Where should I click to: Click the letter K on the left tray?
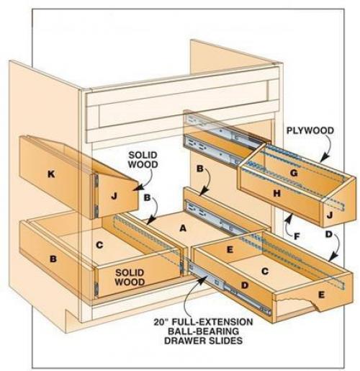click(x=51, y=174)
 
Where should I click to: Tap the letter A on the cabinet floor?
click(x=183, y=228)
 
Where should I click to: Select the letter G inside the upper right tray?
click(x=294, y=173)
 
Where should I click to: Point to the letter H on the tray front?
click(x=277, y=193)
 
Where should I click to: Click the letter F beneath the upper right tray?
click(x=297, y=237)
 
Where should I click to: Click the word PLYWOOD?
click(x=310, y=130)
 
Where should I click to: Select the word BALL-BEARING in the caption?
click(x=203, y=331)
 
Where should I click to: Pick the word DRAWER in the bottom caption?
click(x=184, y=341)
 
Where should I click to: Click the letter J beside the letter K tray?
click(x=114, y=196)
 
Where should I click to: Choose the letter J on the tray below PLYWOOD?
click(x=330, y=215)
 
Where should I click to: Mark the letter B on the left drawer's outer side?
click(x=53, y=259)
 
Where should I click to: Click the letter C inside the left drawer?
click(x=99, y=245)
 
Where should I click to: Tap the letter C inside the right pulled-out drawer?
click(x=265, y=272)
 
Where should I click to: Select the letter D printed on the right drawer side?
click(x=244, y=285)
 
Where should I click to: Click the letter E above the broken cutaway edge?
click(x=321, y=295)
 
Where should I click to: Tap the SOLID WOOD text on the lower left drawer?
click(x=130, y=277)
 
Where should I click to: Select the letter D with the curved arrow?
click(x=328, y=235)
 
